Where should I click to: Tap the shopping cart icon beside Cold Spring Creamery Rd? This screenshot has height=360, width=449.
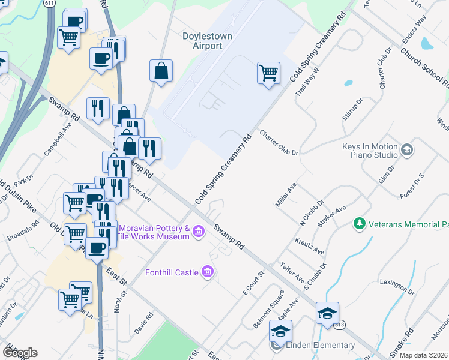click(269, 73)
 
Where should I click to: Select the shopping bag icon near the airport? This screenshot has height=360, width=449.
click(161, 71)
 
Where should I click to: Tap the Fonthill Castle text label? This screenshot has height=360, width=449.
click(172, 273)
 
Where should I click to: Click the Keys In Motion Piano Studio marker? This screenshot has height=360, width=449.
click(407, 149)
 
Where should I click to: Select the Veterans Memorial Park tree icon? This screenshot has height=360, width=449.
click(360, 223)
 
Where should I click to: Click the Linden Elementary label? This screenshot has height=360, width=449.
click(320, 345)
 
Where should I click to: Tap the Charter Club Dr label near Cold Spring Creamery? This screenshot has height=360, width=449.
click(279, 143)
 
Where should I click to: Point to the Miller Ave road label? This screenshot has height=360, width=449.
click(286, 196)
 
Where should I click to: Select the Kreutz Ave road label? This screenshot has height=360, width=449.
click(310, 245)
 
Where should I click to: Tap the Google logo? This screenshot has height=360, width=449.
click(20, 352)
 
